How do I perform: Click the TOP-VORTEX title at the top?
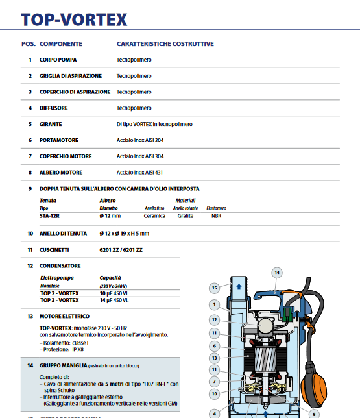point(73,19)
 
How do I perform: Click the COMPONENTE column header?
point(61,44)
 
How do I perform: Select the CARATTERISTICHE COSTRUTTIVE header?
point(165,44)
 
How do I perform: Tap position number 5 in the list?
point(30,124)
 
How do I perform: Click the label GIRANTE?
point(51,124)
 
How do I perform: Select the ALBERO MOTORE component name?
point(61,172)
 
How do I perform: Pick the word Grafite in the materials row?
point(186,216)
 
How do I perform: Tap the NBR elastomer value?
point(216,216)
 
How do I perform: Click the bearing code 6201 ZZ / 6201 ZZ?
point(121,249)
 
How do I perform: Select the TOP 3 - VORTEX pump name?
point(59,301)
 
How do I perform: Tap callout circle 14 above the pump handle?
point(276,273)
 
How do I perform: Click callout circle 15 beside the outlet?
point(215,288)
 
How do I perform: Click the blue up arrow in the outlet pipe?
point(239,286)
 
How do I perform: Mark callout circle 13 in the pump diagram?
point(215,358)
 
